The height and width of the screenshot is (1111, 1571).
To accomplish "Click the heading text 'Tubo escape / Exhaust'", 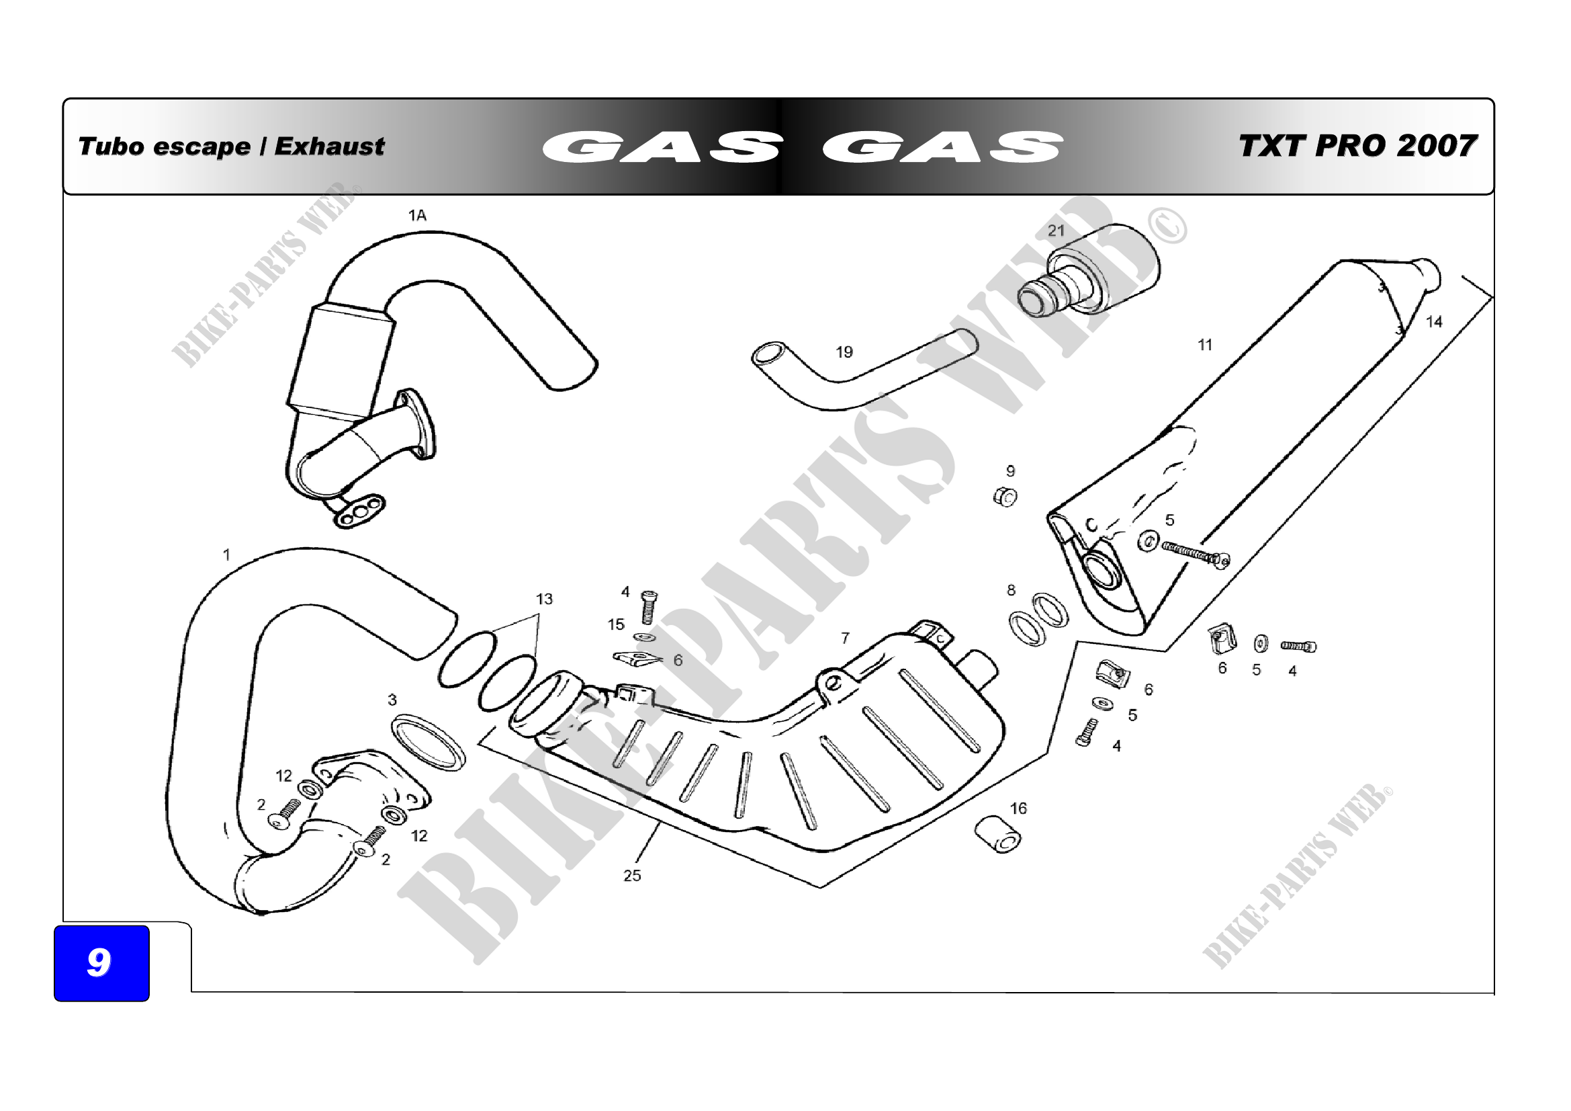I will tap(231, 147).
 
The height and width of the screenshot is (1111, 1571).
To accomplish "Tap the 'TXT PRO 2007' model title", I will tap(1357, 146).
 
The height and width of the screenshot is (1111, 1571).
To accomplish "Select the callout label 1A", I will tap(417, 216).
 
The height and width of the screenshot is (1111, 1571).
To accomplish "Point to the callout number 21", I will tap(1057, 231).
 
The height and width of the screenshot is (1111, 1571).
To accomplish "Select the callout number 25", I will tap(632, 876).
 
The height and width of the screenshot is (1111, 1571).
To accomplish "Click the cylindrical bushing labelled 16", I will tap(998, 835).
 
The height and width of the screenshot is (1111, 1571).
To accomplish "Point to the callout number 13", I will tap(544, 599).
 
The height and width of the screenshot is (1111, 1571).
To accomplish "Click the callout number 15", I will tap(616, 624).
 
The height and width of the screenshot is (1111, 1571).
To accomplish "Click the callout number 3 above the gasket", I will tap(392, 700).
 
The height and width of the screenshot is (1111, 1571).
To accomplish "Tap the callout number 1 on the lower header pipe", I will tap(226, 554).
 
